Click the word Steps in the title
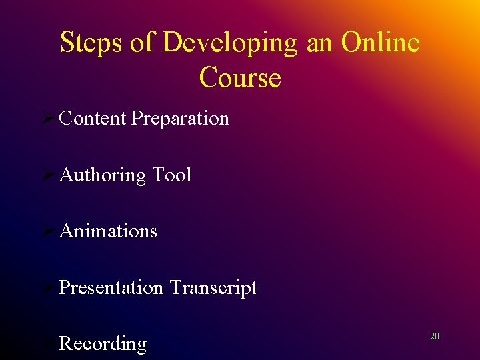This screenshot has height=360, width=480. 92,43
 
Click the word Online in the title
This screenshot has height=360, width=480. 381,43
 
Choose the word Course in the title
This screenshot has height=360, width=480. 240,77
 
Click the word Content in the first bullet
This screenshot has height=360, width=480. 93,118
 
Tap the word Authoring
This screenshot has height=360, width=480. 103,175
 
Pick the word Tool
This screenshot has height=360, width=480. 172,175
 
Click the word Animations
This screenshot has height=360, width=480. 108,231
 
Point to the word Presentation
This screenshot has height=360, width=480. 111,287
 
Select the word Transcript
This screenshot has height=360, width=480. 213,288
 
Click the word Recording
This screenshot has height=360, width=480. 103,344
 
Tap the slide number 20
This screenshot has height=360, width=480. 435,337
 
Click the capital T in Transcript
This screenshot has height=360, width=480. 175,287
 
